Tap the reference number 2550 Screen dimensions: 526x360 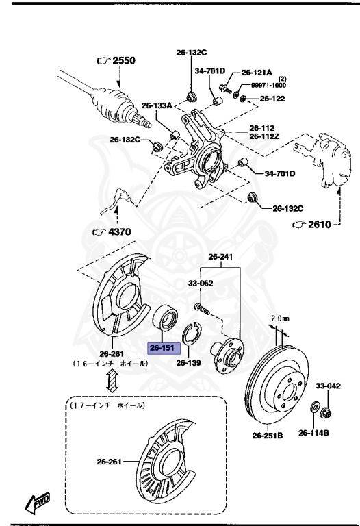click(124, 60)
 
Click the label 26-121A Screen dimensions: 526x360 click(257, 72)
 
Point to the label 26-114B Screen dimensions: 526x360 click(314, 432)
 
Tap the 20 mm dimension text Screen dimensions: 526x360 click(281, 318)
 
